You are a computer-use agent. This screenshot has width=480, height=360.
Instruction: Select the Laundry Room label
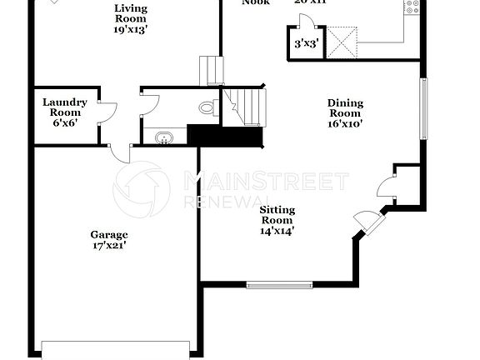click(65, 107)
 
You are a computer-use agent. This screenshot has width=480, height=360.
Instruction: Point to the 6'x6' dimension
click(65, 123)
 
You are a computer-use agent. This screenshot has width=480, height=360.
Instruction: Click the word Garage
click(110, 235)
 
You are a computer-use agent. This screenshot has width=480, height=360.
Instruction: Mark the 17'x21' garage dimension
click(110, 246)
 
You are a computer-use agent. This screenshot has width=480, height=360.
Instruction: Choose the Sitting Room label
click(276, 214)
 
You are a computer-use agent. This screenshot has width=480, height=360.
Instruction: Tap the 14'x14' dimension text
click(276, 231)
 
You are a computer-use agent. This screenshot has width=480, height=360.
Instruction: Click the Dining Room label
click(344, 107)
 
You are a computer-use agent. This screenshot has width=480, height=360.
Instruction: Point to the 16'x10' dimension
click(344, 123)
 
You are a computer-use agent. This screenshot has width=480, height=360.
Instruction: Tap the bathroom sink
click(163, 137)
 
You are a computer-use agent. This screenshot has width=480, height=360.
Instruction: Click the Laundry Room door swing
click(107, 112)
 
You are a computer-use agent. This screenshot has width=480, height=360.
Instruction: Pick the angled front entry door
click(368, 222)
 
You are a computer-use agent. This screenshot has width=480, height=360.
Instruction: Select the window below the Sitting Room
click(279, 285)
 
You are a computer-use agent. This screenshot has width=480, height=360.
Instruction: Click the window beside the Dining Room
click(422, 107)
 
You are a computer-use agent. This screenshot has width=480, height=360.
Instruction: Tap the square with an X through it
click(341, 42)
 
